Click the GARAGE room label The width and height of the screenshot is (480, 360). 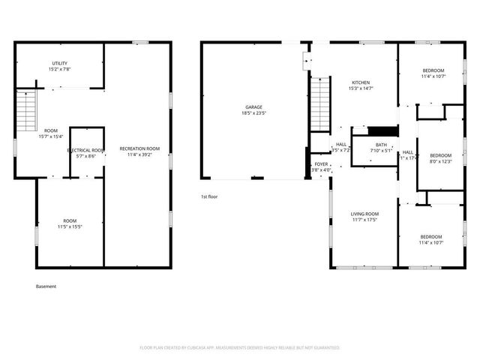tap(253, 107)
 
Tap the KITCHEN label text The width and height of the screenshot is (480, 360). tap(361, 82)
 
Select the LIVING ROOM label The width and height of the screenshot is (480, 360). tap(364, 214)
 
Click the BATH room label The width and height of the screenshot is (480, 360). tap(382, 145)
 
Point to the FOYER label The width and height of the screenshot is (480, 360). tap(321, 163)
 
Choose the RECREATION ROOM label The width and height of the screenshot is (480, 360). tap(140, 148)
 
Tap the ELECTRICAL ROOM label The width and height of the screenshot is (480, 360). tap(86, 150)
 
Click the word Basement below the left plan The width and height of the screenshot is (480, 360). tap(46, 286)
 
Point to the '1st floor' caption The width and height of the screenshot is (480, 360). tap(209, 196)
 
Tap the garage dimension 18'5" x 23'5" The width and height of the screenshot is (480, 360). tap(253, 113)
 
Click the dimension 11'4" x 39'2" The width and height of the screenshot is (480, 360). tap(140, 155)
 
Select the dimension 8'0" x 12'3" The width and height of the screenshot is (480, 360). tap(440, 161)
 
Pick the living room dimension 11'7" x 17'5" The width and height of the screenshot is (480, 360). tap(364, 220)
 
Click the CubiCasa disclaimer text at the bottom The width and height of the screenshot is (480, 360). tap(240, 348)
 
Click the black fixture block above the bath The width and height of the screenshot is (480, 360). tap(382, 130)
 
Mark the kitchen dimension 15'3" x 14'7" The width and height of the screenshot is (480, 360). tap(361, 88)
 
